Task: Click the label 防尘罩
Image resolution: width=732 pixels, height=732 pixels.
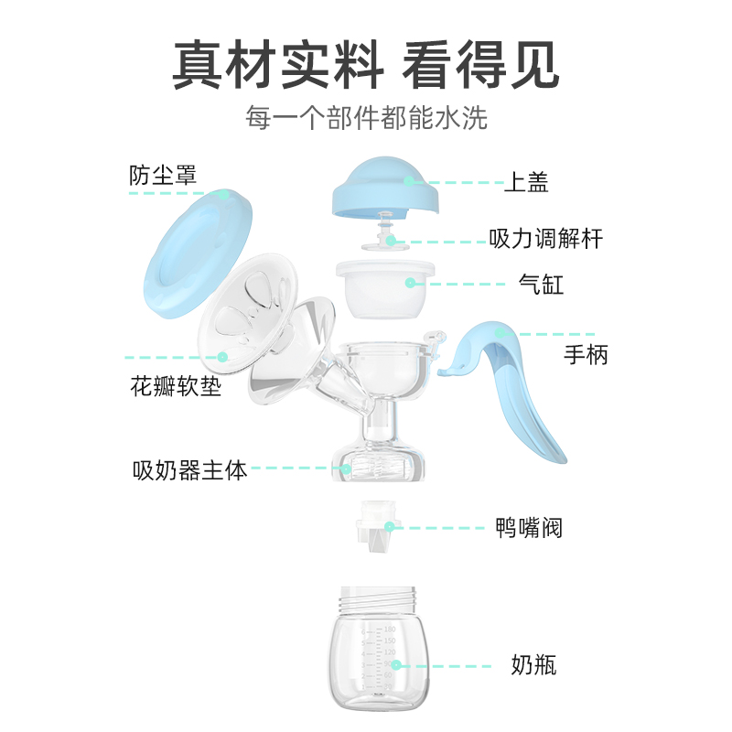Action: (163, 175)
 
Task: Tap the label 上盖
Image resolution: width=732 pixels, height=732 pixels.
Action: (526, 182)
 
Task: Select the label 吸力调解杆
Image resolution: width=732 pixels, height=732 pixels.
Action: (546, 241)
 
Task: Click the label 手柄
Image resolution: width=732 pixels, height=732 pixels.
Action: (587, 354)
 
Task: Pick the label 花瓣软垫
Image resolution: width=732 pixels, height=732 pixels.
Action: (177, 387)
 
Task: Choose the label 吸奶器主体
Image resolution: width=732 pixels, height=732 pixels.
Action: (190, 470)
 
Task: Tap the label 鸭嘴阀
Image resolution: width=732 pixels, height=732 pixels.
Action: (529, 528)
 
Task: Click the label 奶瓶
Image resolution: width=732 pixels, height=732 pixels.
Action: (533, 665)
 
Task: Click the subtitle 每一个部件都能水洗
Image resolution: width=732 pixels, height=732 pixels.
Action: (366, 118)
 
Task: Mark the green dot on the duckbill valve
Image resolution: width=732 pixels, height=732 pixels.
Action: (389, 527)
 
